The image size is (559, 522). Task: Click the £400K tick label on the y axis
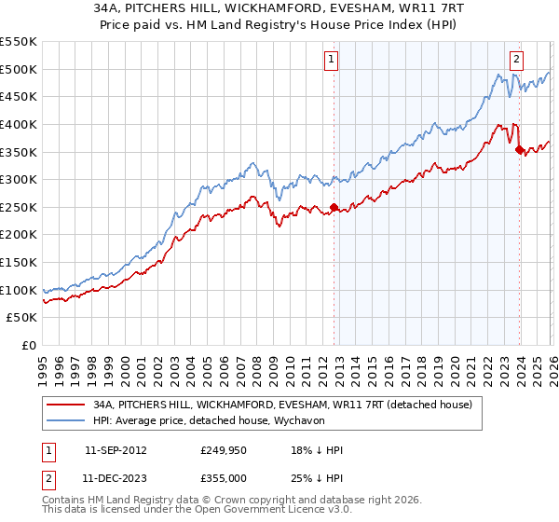pyautogui.click(x=19, y=124)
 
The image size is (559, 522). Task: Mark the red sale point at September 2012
pyautogui.click(x=334, y=208)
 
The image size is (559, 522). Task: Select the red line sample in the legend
pyautogui.click(x=65, y=404)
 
